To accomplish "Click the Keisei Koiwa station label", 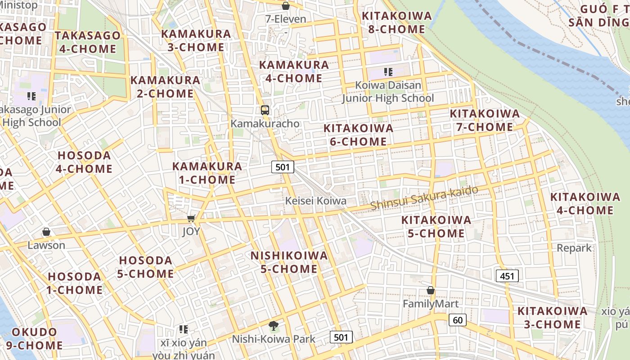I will click(316, 201).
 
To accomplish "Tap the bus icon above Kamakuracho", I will click(265, 110).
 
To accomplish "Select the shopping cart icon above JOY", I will click(191, 219).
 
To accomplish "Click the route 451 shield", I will click(507, 276).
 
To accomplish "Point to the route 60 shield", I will click(457, 320).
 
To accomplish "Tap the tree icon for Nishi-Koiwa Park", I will click(273, 326).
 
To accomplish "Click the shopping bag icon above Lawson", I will click(46, 232).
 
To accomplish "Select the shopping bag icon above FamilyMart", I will click(431, 291).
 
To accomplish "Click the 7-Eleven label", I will click(286, 19).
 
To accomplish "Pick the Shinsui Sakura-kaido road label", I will click(424, 198).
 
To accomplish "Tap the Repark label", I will click(574, 248).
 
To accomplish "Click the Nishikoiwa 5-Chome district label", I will click(289, 262).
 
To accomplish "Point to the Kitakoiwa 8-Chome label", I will click(396, 22).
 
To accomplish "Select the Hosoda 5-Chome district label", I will click(145, 267).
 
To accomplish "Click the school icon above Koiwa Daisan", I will click(388, 72).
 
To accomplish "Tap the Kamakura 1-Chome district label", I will click(207, 173).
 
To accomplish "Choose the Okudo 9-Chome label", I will click(34, 339).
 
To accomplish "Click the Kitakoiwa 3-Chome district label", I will click(552, 318).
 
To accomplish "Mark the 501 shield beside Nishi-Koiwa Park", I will click(341, 337).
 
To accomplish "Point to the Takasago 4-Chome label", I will click(88, 42).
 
